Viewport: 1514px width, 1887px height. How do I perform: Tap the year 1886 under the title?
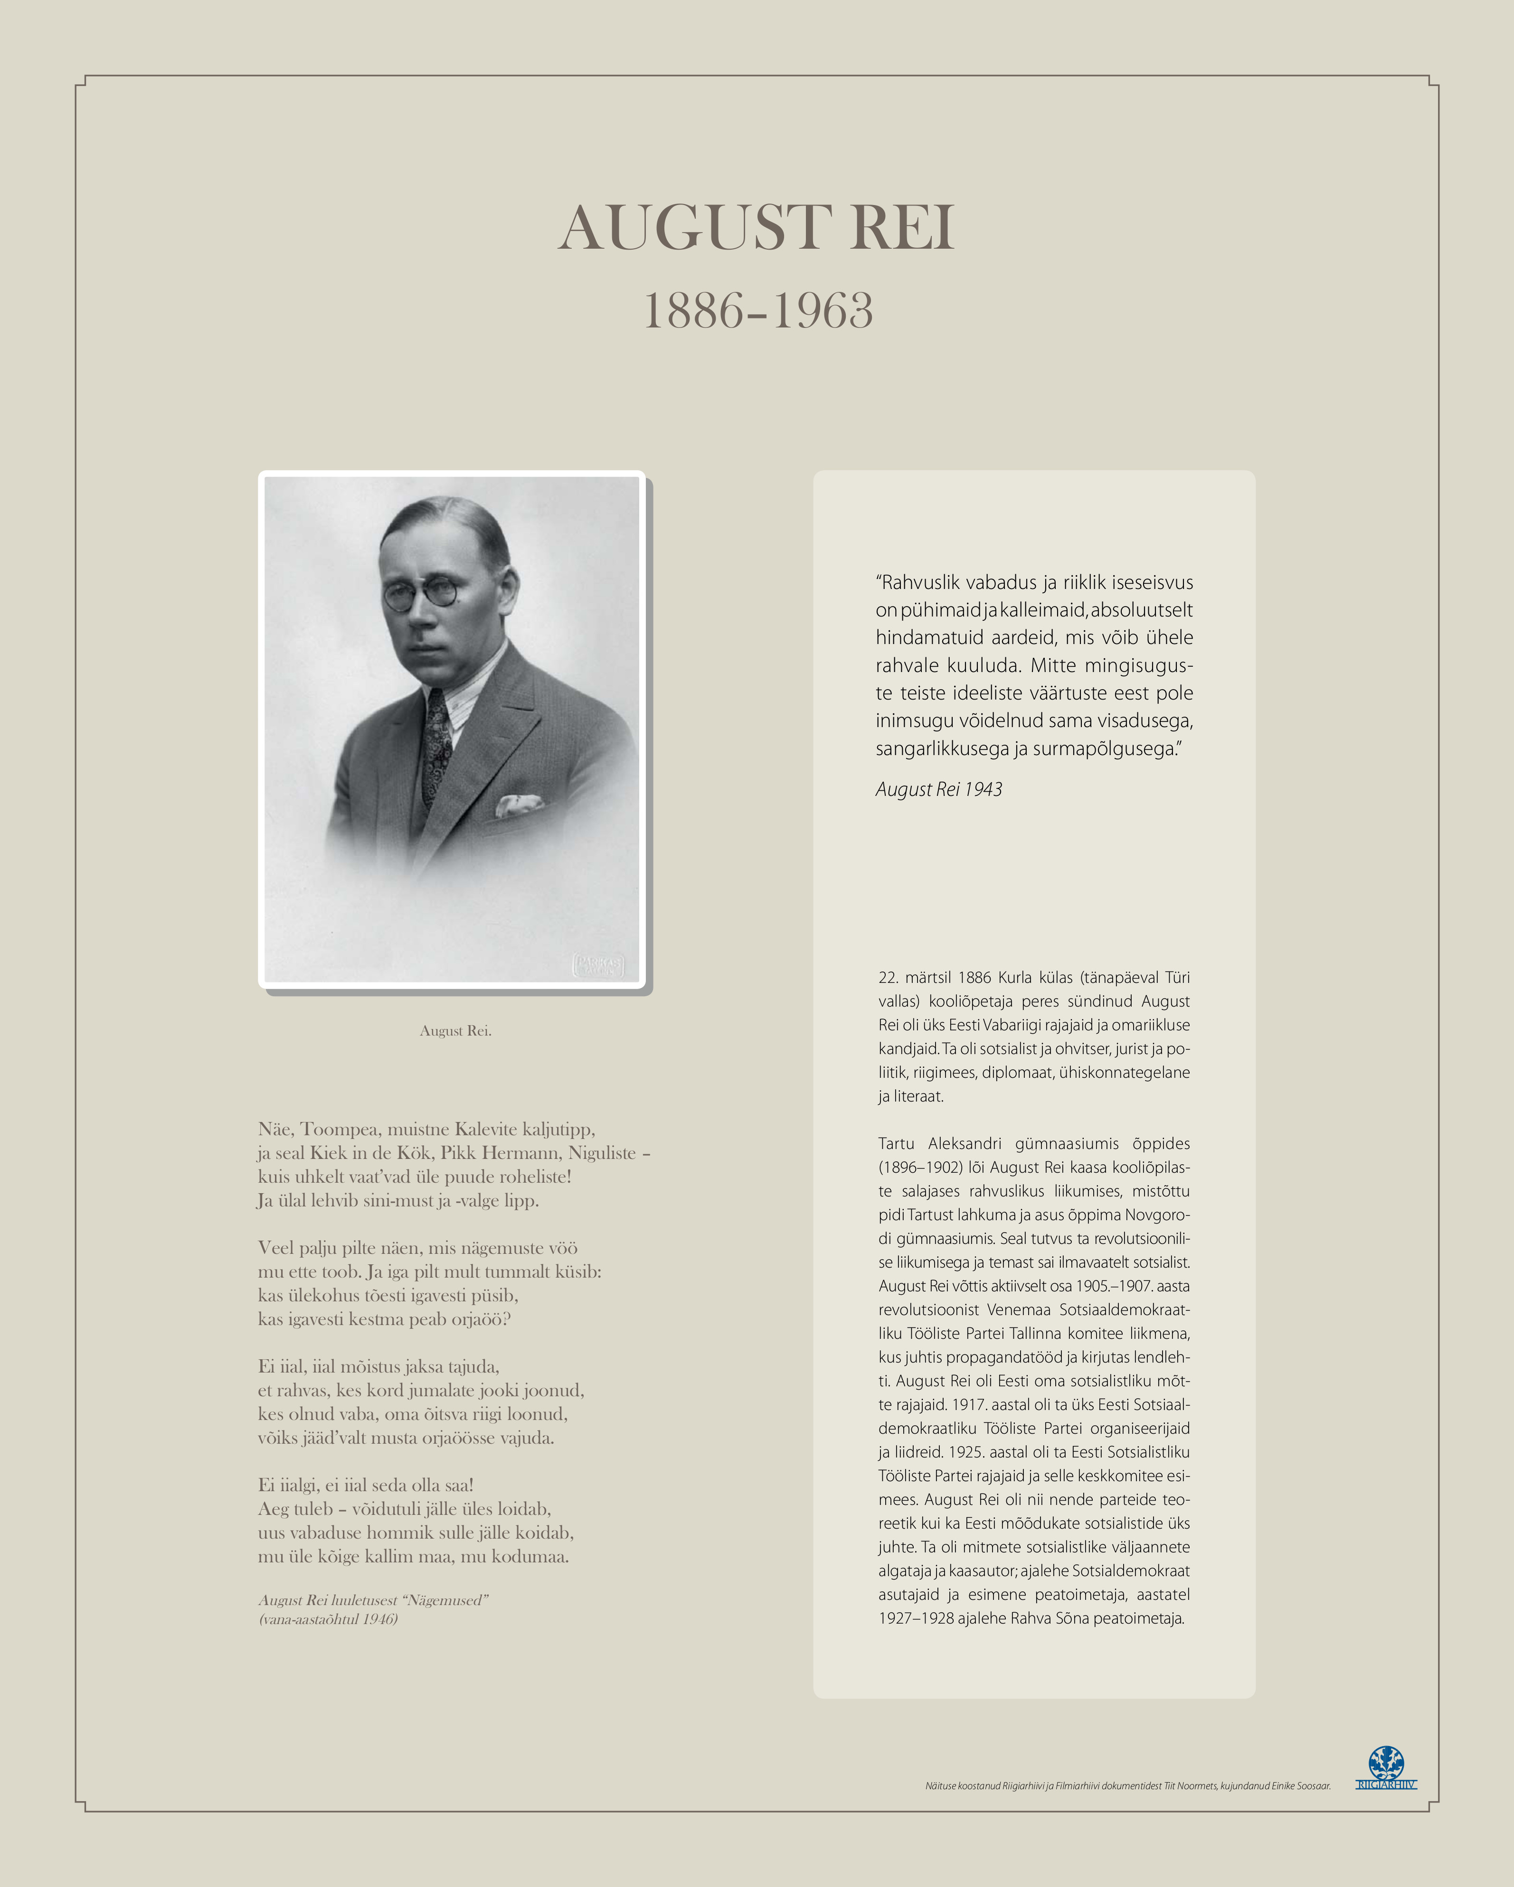click(693, 311)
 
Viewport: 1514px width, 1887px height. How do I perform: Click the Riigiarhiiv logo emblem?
click(1386, 1762)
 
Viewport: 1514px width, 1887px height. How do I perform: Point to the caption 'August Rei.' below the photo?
click(455, 1031)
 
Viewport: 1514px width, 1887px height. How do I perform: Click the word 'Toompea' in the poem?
click(340, 1129)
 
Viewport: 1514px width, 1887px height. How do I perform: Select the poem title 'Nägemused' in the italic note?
click(445, 1600)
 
